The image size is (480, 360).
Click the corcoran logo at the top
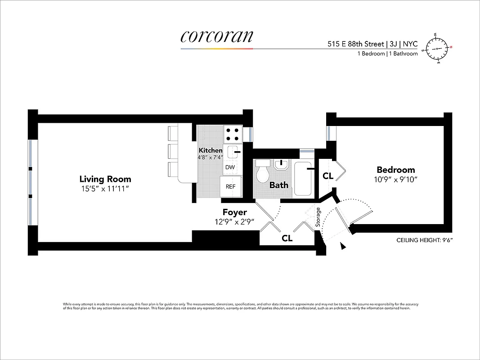point(216,37)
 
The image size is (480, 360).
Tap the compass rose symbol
point(437,48)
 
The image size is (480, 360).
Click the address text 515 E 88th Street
point(355,44)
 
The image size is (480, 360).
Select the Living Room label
point(105,179)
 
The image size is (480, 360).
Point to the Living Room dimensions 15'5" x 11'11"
point(105,189)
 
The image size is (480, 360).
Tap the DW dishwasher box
point(230,167)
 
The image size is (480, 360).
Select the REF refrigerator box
point(230,186)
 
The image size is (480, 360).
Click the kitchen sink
point(233,152)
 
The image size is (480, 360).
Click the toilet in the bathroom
point(262,172)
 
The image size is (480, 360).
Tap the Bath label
point(278,185)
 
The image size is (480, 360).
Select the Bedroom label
point(395,170)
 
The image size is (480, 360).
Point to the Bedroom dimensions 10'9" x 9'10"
point(395,179)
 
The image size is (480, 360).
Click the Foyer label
point(234,212)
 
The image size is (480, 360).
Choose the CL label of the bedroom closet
point(328,176)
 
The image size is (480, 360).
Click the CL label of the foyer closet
point(287,238)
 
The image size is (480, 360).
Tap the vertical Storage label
point(318,217)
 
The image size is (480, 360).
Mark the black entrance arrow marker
point(343,246)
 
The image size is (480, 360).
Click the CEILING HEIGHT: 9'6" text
point(424,240)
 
